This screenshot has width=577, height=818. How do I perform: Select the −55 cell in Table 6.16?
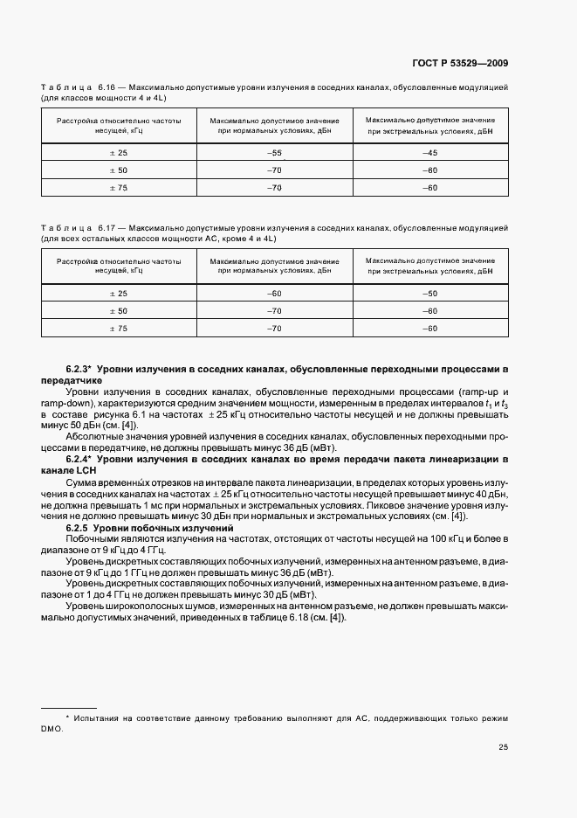274,153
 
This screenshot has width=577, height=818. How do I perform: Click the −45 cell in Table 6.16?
429,153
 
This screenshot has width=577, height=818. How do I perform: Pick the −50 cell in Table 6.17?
429,294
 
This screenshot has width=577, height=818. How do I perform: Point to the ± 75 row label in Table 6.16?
118,188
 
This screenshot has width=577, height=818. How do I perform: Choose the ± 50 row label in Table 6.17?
118,311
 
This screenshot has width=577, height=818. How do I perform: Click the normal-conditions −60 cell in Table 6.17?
274,294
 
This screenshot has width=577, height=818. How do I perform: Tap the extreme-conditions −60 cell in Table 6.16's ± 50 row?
429,170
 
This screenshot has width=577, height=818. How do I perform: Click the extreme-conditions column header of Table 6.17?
429,266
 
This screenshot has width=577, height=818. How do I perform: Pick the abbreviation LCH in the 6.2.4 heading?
86,469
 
